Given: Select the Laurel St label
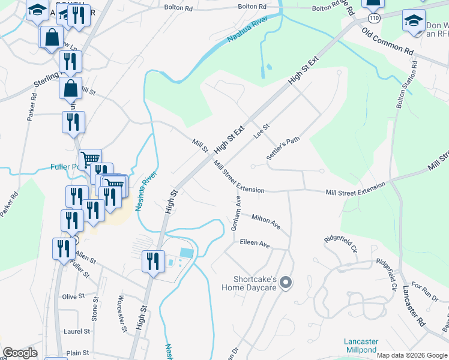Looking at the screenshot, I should tap(76, 331).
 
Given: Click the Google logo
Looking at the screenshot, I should tap(20, 353).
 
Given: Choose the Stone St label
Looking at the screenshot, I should tap(94, 312).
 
